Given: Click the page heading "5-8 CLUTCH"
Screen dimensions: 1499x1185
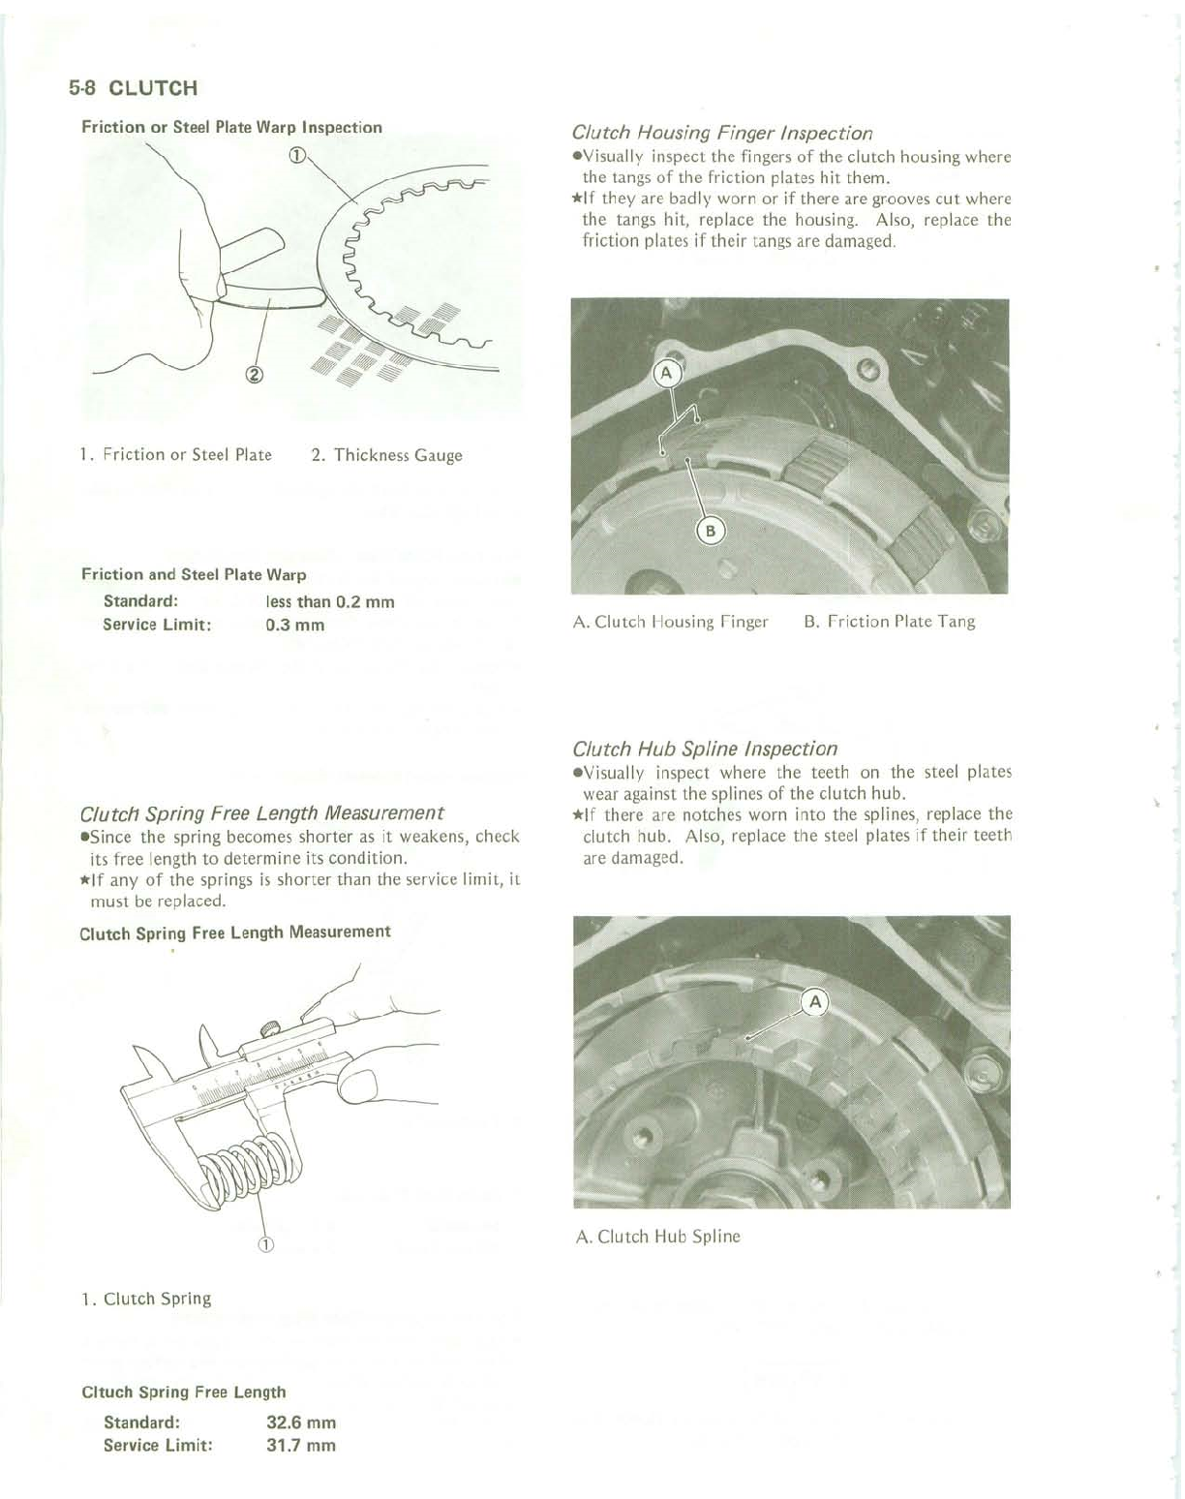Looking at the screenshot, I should tap(134, 88).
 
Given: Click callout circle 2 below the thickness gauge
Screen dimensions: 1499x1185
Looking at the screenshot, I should tap(255, 376).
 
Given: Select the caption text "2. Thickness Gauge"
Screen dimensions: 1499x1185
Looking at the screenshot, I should tap(386, 455).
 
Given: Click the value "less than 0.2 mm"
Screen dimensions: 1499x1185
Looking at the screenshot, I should tap(330, 601).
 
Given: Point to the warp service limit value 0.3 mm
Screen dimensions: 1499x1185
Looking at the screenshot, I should tap(295, 625).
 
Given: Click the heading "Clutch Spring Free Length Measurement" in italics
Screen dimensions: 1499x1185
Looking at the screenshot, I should tap(261, 812).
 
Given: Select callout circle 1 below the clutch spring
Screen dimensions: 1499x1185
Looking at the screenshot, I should tap(266, 1244).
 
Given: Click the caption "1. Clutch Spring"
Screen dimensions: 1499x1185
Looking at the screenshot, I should tap(146, 1299).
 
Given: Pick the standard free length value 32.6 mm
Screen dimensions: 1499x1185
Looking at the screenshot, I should tap(301, 1423).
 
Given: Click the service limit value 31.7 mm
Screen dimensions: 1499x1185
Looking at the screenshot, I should tap(301, 1446).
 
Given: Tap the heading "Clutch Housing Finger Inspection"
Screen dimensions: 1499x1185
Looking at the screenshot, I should tap(722, 133).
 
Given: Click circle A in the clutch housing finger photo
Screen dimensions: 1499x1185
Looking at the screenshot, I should tap(667, 373).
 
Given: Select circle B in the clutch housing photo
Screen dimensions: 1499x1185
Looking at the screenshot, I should tap(711, 531).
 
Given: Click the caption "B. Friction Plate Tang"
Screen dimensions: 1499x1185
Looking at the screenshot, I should tap(889, 622).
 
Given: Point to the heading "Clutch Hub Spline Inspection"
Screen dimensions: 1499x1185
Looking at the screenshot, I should tap(705, 749).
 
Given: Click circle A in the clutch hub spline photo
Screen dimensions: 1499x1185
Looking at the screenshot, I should tap(815, 1002).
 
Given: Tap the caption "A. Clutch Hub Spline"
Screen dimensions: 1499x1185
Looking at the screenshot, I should tap(657, 1237).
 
